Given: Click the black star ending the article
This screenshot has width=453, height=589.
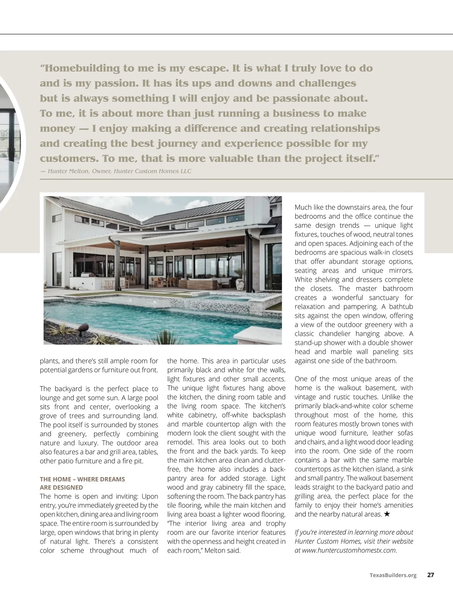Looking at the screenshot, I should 387,514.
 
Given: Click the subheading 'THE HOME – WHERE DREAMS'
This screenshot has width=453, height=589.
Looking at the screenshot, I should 82,479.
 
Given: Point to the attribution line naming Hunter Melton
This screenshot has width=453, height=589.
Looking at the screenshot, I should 116,171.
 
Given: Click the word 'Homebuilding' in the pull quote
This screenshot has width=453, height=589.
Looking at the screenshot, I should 79,68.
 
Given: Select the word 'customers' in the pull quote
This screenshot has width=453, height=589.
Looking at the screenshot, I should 69,158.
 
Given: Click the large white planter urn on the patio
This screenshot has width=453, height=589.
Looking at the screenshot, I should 240,284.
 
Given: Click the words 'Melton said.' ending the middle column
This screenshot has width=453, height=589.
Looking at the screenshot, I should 222,550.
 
